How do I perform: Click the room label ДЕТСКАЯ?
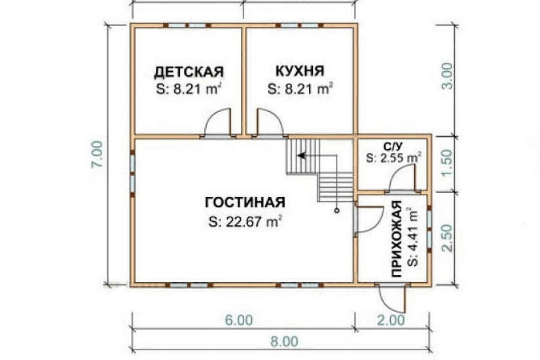189,71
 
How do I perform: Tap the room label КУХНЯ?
300,71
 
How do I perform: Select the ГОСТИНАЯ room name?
245,201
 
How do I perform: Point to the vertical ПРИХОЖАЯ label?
396,240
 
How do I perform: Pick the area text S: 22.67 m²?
245,221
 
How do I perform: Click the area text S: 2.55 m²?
393,158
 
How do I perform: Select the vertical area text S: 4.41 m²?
412,236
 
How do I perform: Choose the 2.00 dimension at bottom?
392,320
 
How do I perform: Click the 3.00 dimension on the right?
448,79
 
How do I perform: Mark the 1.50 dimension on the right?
448,164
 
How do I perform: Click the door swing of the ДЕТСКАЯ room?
219,122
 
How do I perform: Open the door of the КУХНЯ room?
268,122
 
